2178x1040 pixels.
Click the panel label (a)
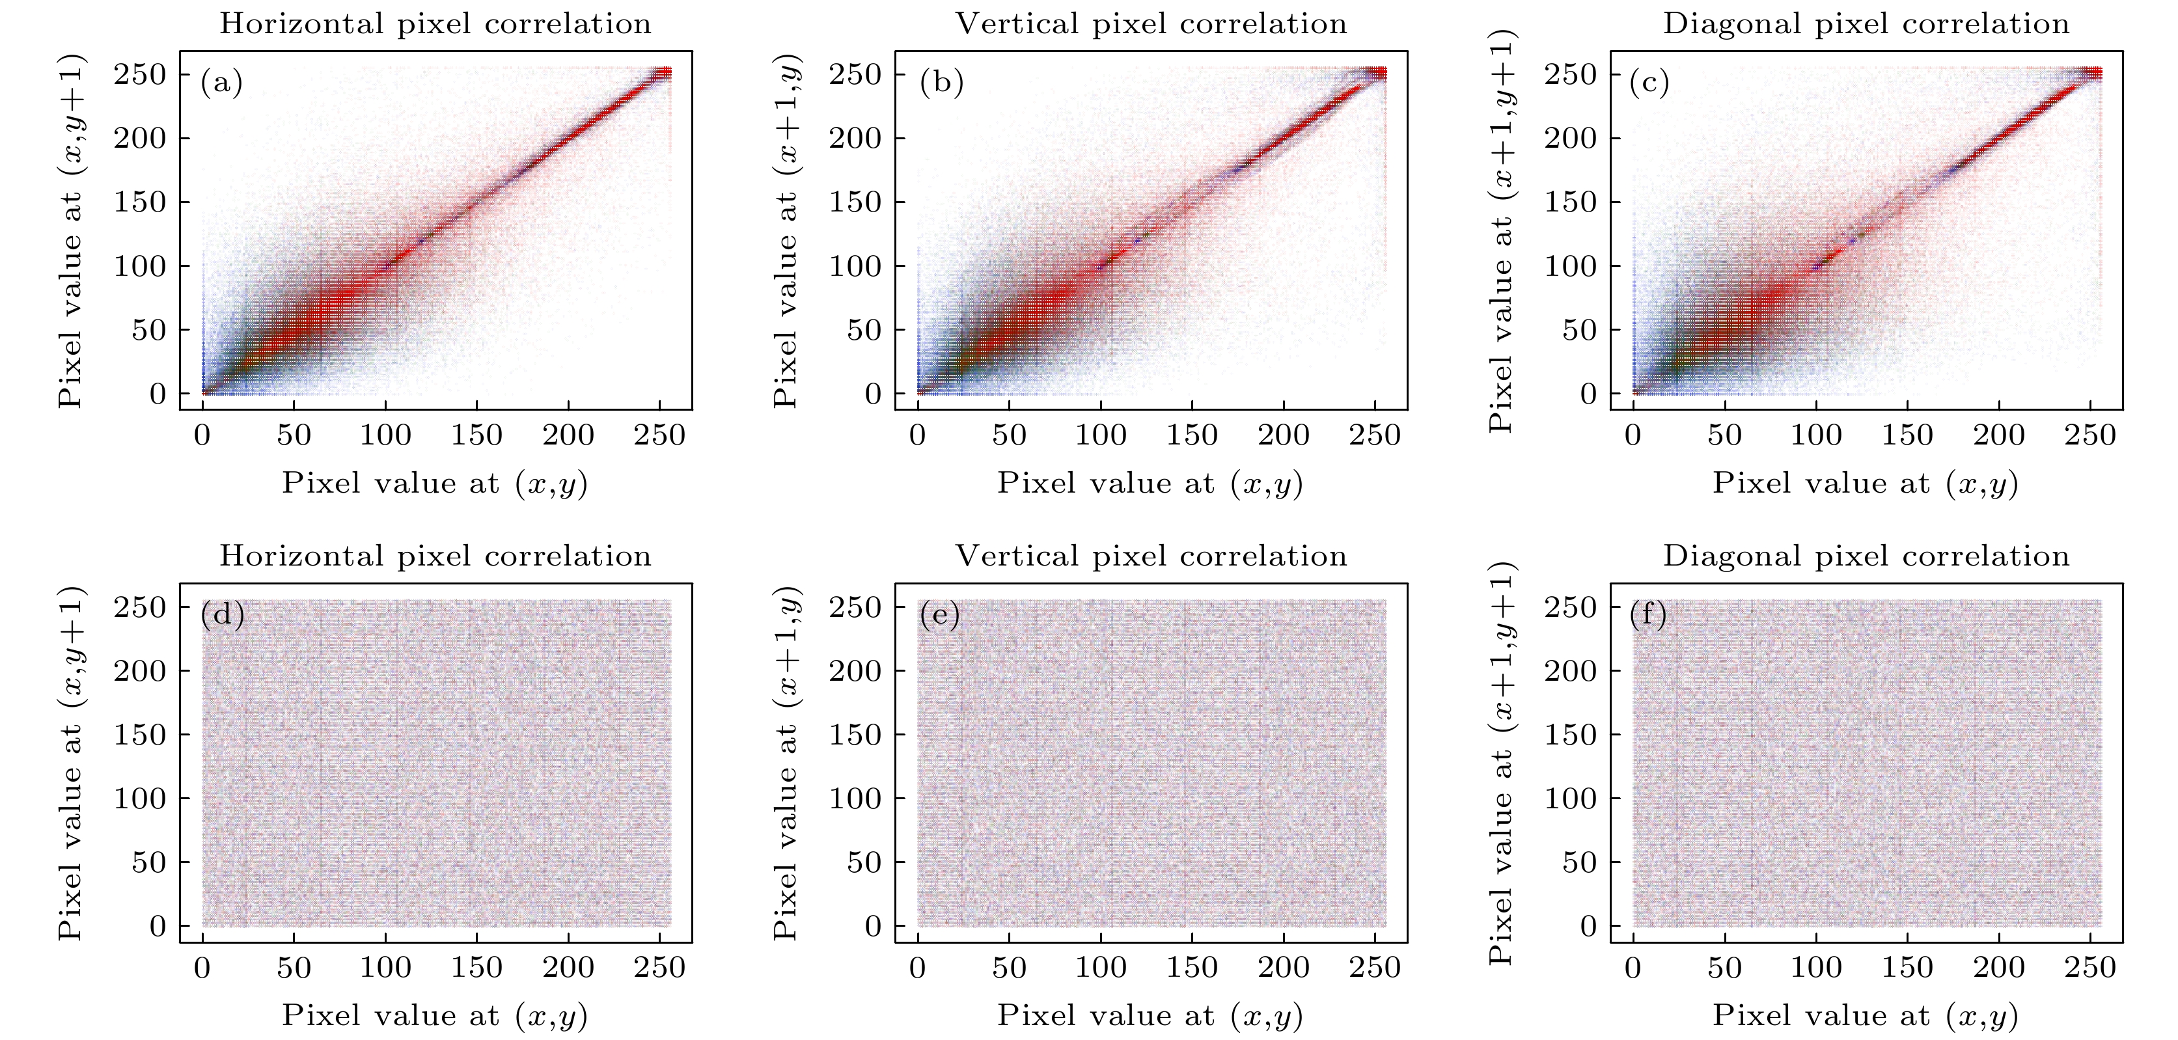point(221,83)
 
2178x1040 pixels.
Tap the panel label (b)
point(941,83)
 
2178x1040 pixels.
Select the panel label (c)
point(1649,83)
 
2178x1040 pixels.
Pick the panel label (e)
point(939,615)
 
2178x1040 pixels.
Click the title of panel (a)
point(435,23)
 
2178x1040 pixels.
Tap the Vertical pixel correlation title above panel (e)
point(1151,556)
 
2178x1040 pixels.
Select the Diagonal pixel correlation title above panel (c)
point(1866,23)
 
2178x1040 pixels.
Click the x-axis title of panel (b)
point(1150,484)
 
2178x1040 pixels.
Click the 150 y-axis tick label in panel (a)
point(141,202)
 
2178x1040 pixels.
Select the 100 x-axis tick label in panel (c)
point(1815,435)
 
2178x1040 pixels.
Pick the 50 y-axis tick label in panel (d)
point(149,862)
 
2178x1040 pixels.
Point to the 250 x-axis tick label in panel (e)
point(1374,968)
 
